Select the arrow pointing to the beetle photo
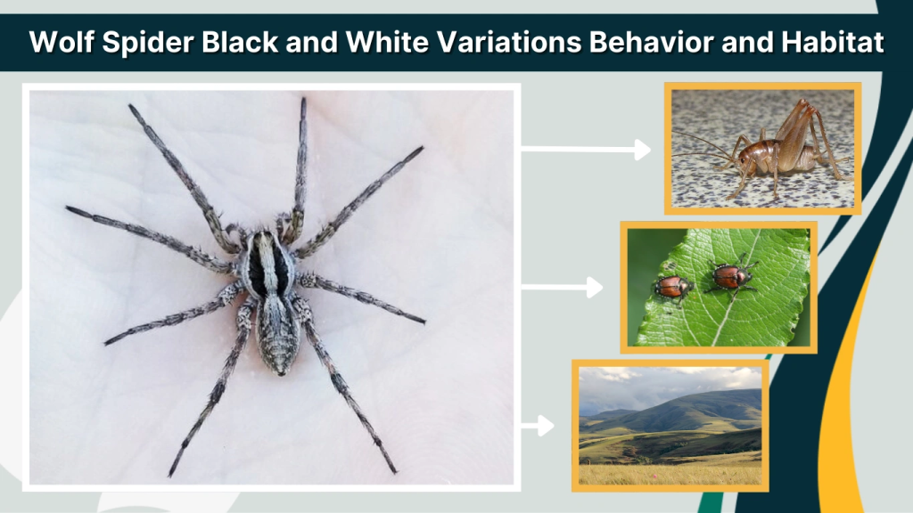pos(562,287)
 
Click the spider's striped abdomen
pos(277,330)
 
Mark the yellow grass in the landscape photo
pos(669,474)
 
